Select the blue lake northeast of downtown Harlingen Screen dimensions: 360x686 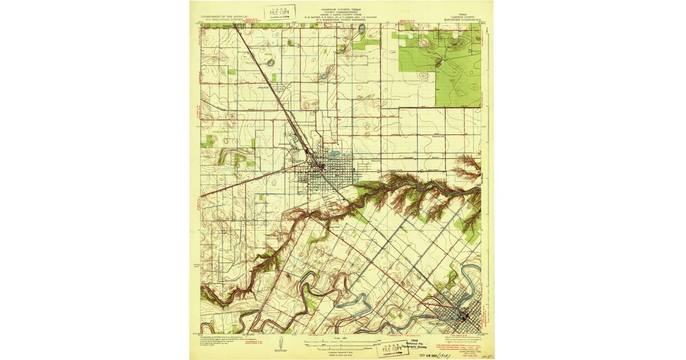point(335,154)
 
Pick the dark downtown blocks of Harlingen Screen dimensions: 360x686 point(321,166)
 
